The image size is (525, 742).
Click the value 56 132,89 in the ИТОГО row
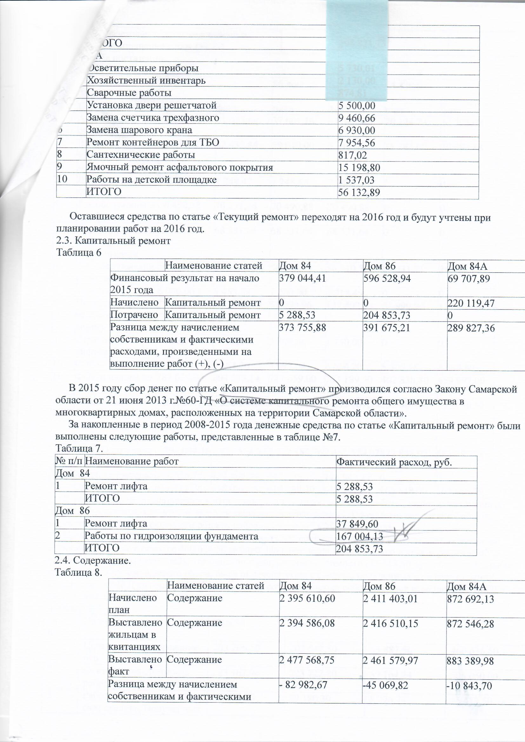tap(358, 193)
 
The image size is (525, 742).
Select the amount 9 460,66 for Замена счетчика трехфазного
tap(356, 118)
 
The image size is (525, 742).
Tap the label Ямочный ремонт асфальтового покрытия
tap(179, 168)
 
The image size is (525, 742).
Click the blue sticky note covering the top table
tap(357, 49)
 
